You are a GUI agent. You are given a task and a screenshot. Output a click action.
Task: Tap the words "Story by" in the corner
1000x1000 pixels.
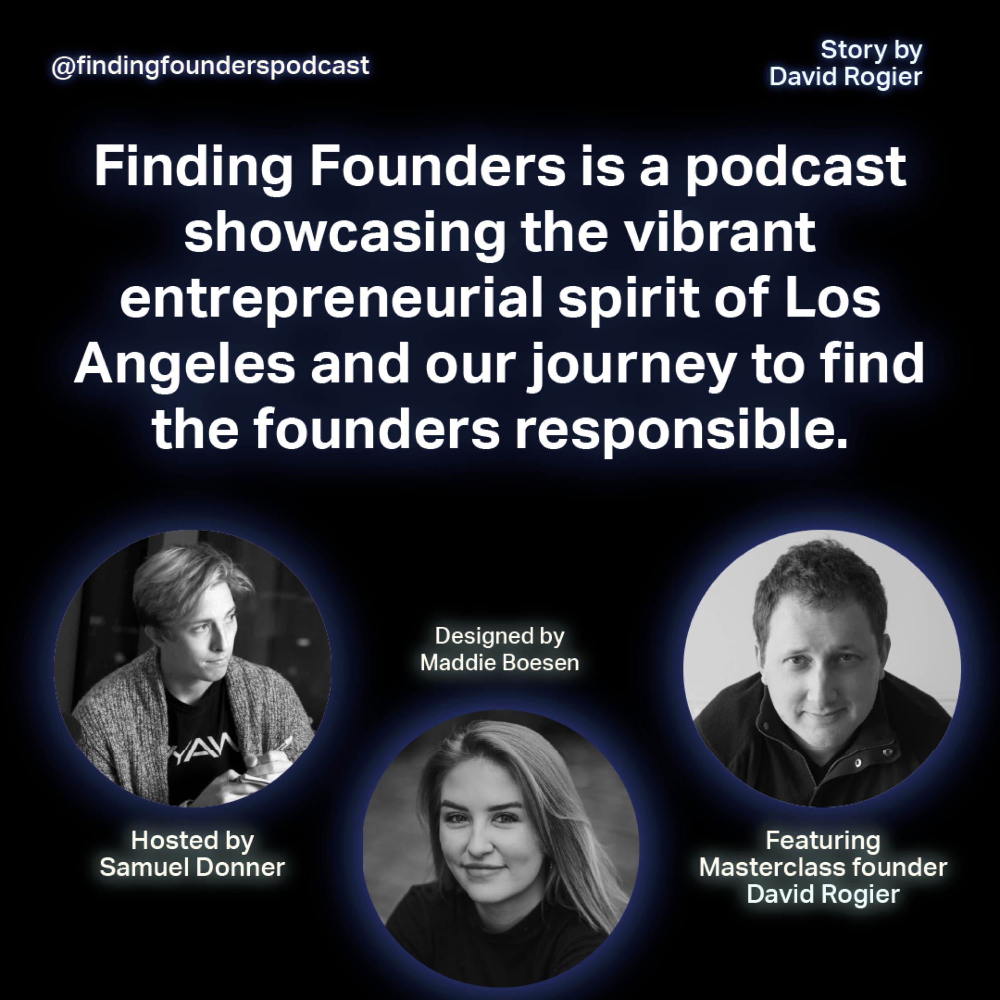tap(871, 50)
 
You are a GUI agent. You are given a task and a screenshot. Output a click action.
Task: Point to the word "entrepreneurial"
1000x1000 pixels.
tap(331, 300)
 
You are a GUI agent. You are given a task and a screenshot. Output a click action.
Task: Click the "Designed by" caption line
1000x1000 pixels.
tap(500, 636)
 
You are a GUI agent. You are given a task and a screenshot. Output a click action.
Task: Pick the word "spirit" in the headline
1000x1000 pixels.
tap(629, 300)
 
